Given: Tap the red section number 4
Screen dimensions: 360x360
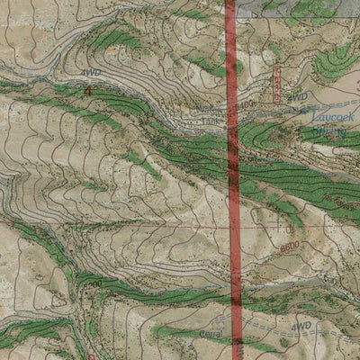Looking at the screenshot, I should (x=87, y=90).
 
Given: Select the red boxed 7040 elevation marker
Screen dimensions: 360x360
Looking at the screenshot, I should (x=276, y=84).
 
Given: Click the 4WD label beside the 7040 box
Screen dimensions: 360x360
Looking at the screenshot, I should (x=299, y=95).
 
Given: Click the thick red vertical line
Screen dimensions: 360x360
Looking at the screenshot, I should (x=231, y=180).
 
